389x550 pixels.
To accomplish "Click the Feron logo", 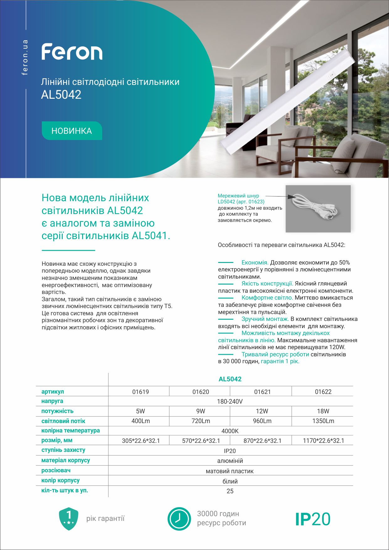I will pos(72,52).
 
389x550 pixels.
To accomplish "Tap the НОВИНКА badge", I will pos(72,131).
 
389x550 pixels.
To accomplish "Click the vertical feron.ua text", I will pos(25,57).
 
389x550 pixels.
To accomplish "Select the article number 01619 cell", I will pos(140,392).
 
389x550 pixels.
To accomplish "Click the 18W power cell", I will pos(323,411).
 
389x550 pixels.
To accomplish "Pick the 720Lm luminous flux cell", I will pos(201,421).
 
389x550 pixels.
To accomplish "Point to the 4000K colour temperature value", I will pos(230,431).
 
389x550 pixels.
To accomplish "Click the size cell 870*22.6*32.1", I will pos(262,441).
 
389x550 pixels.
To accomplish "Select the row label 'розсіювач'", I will pos(56,470).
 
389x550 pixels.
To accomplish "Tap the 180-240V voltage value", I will pos(230,401).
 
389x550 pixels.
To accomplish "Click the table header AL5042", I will pos(230,379).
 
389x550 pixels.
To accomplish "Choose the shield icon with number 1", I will pos(69,519).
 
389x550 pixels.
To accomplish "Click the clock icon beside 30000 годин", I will pos(179,519).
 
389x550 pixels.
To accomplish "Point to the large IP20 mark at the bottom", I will pos(313,519).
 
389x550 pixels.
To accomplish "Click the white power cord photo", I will pos(318,208).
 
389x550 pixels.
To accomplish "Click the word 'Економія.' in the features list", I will pos(255,263).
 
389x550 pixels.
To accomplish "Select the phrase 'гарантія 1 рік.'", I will pos(280,361).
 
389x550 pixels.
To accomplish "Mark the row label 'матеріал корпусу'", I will pos(66,460).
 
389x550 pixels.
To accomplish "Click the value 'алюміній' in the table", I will pos(230,461).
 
